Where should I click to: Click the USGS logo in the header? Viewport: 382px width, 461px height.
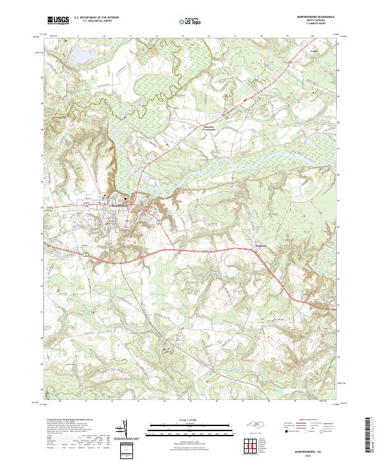[x=58, y=21]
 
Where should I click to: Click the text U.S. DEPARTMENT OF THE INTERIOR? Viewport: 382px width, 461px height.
[x=96, y=18]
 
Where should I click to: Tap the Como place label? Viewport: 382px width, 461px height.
[x=313, y=48]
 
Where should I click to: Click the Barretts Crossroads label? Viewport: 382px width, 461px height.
[x=192, y=128]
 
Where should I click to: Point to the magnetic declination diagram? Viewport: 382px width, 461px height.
[x=124, y=430]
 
